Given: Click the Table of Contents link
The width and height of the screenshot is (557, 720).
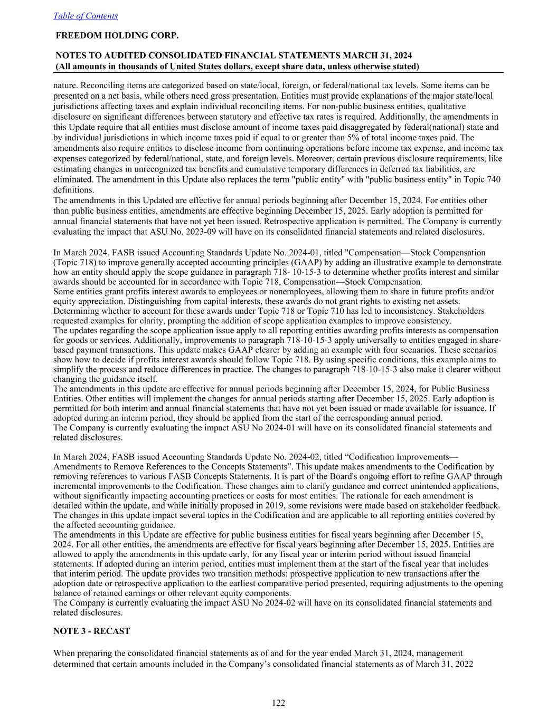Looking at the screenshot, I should coord(86,16).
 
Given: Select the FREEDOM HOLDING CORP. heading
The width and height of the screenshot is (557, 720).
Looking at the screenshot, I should coord(117,35).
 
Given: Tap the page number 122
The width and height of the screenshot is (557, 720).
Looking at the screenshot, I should coord(278,703).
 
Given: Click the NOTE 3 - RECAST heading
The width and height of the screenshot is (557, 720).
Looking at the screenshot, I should coord(91,631).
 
